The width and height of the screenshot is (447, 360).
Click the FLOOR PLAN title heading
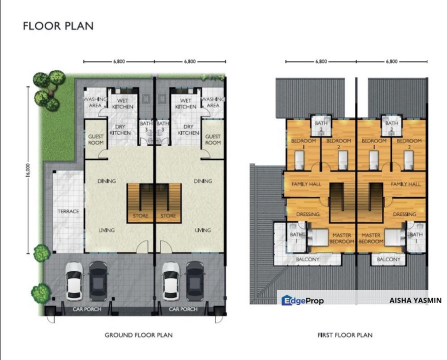pyautogui.click(x=58, y=26)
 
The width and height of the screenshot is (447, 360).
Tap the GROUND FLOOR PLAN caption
pyautogui.click(x=138, y=334)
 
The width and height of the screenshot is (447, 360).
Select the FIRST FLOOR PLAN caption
pyautogui.click(x=345, y=334)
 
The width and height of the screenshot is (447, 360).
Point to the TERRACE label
pyautogui.click(x=68, y=211)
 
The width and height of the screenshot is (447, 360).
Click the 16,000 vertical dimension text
pyautogui.click(x=28, y=169)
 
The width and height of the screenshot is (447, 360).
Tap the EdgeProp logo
pyautogui.click(x=303, y=300)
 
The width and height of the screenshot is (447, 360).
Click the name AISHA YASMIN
pyautogui.click(x=415, y=300)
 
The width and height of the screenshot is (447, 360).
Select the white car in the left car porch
pyautogui.click(x=75, y=280)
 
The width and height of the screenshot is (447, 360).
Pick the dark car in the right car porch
pyautogui.click(x=194, y=280)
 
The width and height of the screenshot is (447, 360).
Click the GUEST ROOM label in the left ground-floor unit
pyautogui.click(x=95, y=139)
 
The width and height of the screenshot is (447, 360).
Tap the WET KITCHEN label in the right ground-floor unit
pyautogui.click(x=185, y=103)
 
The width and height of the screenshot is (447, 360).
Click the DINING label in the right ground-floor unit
pyautogui.click(x=202, y=181)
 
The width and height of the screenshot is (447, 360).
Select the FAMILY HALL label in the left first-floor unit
pyautogui.click(x=306, y=184)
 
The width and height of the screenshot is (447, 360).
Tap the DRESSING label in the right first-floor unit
pyautogui.click(x=404, y=214)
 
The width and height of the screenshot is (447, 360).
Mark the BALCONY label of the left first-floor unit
pyautogui.click(x=305, y=259)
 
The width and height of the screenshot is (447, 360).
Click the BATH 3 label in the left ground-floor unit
pyautogui.click(x=145, y=126)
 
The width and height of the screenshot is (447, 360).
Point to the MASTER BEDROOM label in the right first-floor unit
pyautogui.click(x=371, y=238)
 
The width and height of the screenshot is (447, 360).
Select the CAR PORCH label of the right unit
pyautogui.click(x=183, y=309)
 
